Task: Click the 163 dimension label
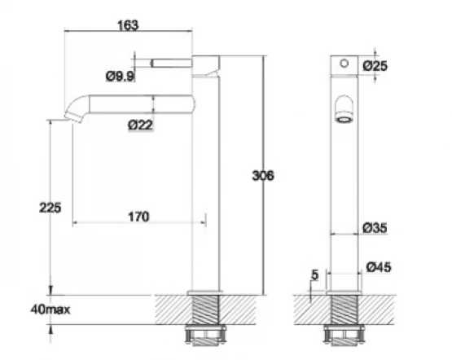click(128, 25)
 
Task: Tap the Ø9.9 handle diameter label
click(121, 77)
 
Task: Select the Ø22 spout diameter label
click(140, 125)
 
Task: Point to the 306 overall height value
click(263, 176)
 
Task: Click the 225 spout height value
click(50, 208)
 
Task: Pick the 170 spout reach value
click(138, 217)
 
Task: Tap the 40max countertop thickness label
click(50, 310)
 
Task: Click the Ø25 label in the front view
click(375, 66)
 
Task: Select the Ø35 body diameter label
click(375, 228)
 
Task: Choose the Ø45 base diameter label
click(379, 267)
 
